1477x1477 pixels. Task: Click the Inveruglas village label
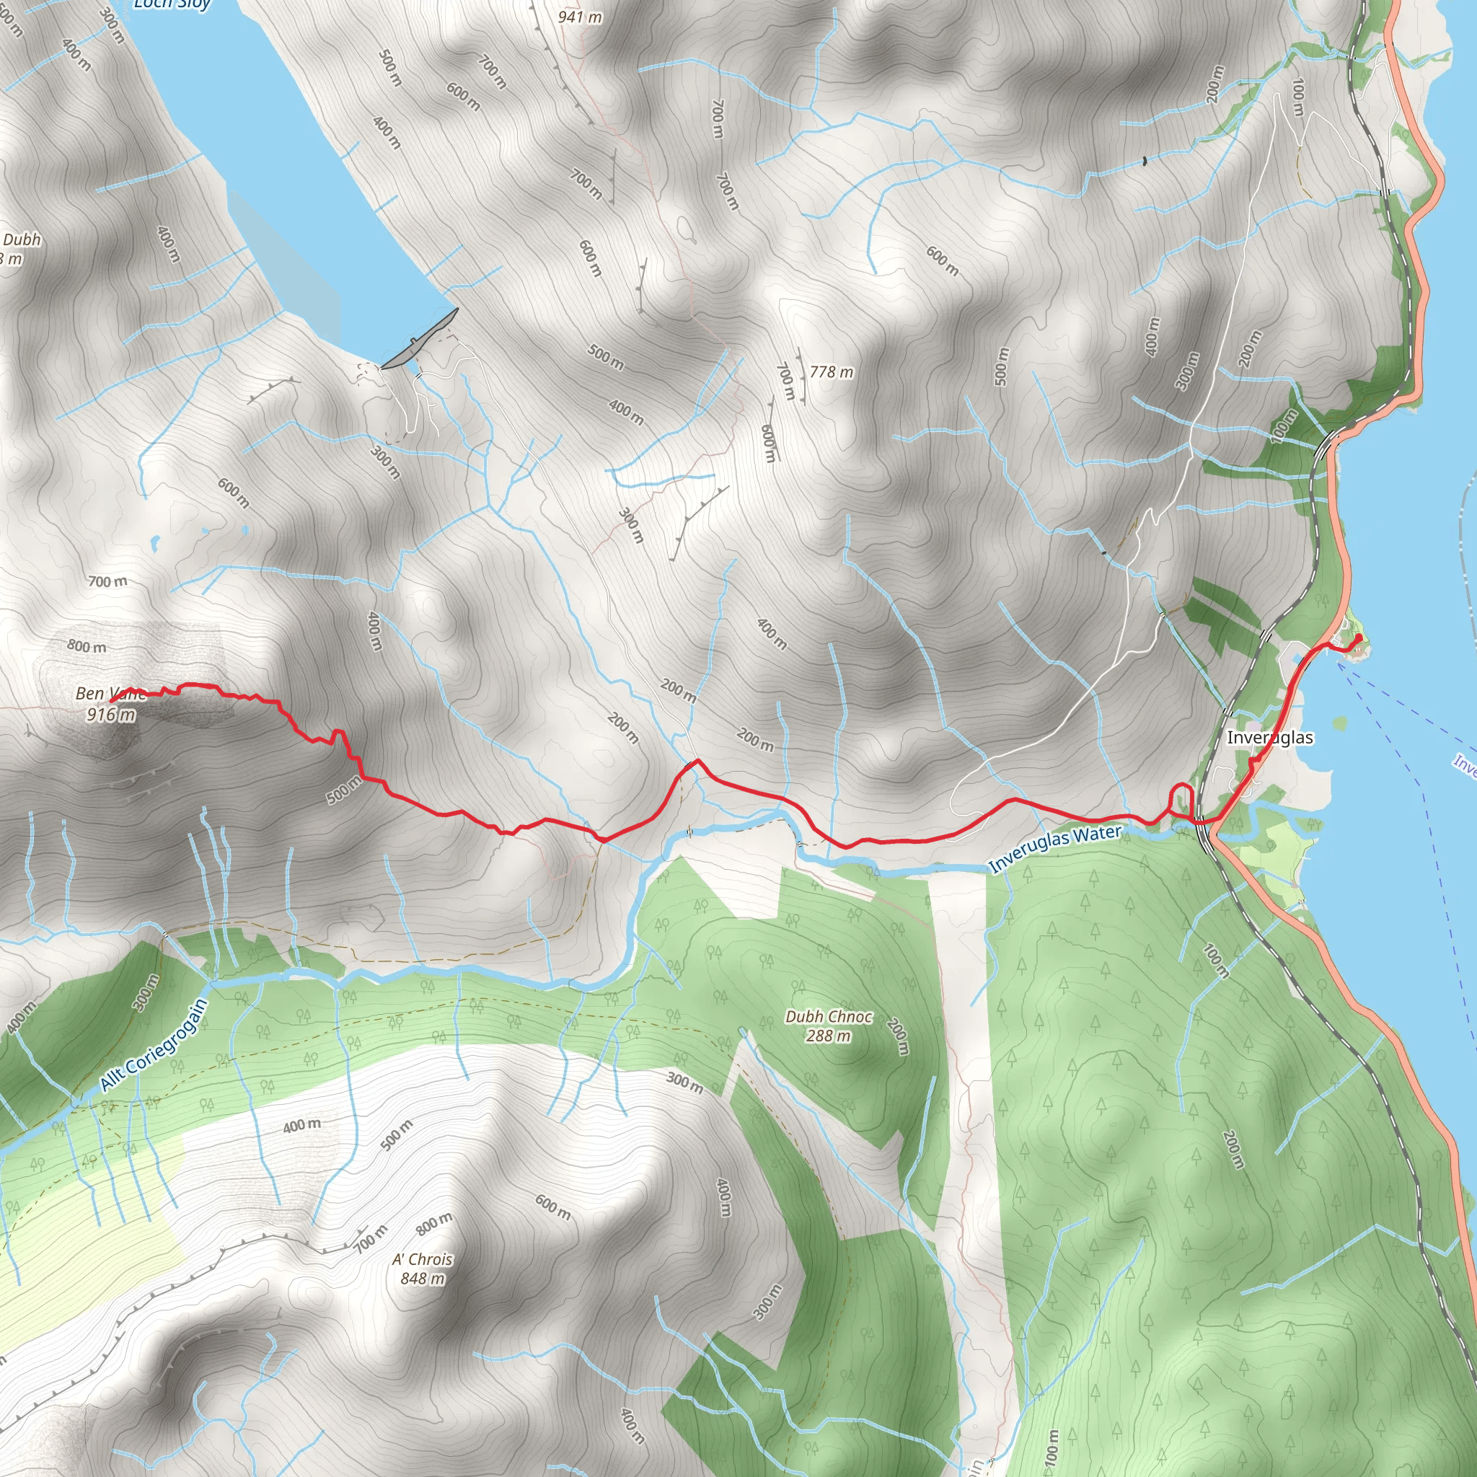click(1270, 738)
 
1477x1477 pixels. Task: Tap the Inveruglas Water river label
click(1055, 849)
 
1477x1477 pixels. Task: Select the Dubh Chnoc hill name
click(829, 1017)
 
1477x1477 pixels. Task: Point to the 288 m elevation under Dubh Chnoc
click(829, 1036)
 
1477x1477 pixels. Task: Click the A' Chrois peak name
click(423, 1259)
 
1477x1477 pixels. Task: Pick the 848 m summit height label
click(423, 1278)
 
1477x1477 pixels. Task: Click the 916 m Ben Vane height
click(112, 715)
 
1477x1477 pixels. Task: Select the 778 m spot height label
click(831, 372)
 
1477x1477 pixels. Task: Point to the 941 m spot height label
click(580, 17)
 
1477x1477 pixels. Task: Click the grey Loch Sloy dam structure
click(420, 339)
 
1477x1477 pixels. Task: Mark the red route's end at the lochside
click(1358, 638)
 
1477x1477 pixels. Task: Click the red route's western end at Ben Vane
click(113, 700)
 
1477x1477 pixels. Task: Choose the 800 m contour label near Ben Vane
click(87, 647)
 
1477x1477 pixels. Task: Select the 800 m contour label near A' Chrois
click(434, 1223)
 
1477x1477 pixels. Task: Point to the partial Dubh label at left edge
click(21, 240)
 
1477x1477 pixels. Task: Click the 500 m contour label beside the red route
click(344, 790)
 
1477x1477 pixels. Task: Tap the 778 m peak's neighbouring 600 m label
click(769, 444)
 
